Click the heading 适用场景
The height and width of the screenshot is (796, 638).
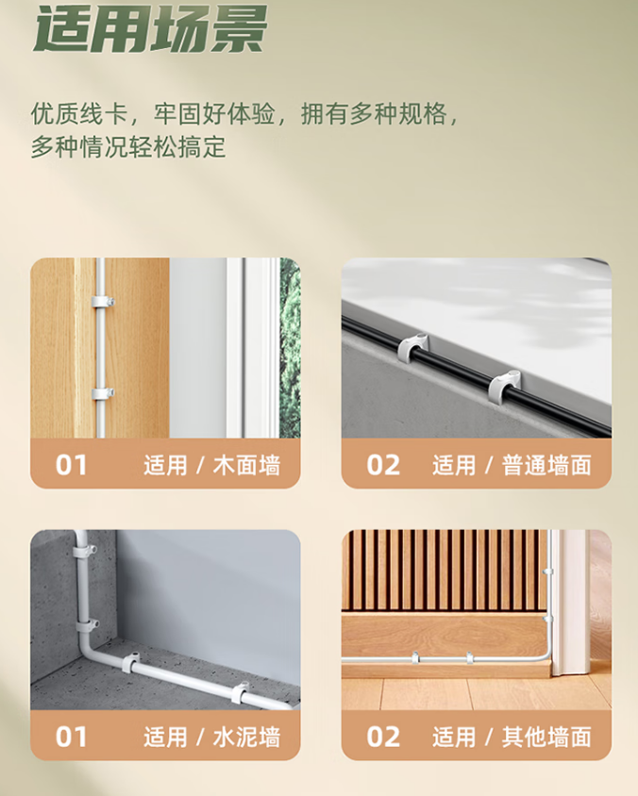pyautogui.click(x=149, y=28)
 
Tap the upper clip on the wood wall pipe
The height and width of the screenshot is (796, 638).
pyautogui.click(x=103, y=302)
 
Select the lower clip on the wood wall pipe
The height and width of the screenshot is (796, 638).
pyautogui.click(x=103, y=393)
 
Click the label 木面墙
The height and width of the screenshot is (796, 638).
pyautogui.click(x=246, y=466)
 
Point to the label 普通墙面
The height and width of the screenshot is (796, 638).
pyautogui.click(x=546, y=466)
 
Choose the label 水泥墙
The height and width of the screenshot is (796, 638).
pyautogui.click(x=246, y=738)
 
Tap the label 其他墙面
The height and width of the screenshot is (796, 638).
pyautogui.click(x=546, y=738)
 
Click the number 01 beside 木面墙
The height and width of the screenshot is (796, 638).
pyautogui.click(x=71, y=465)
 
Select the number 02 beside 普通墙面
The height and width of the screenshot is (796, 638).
pyautogui.click(x=383, y=465)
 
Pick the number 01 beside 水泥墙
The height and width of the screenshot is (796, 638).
pyautogui.click(x=71, y=737)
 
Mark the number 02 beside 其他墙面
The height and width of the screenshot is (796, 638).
pyautogui.click(x=383, y=737)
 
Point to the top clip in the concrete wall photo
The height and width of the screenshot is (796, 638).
pyautogui.click(x=84, y=552)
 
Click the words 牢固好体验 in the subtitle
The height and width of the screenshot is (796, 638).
pyautogui.click(x=214, y=114)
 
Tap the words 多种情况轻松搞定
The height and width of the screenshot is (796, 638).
pyautogui.click(x=128, y=147)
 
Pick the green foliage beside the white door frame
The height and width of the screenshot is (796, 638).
pyautogui.click(x=290, y=348)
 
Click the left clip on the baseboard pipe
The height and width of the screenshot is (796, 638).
pyautogui.click(x=415, y=658)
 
